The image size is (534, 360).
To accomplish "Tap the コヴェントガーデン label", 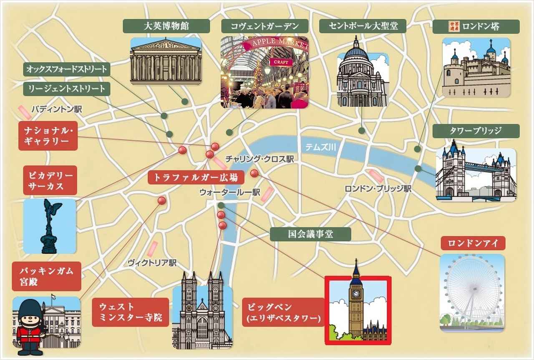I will tap(265, 26).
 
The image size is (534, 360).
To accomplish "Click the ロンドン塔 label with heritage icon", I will tap(476, 26).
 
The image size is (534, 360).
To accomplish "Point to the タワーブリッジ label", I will tap(476, 131).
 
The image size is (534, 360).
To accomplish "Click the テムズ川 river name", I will tap(320, 147).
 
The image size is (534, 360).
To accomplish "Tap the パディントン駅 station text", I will tap(56, 110).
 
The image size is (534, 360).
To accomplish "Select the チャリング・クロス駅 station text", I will tap(259, 159).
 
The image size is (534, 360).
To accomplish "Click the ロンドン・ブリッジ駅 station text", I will tap(378, 189).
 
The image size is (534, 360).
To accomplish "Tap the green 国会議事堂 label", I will tap(310, 234).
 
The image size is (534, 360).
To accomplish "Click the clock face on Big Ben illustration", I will tap(356, 293).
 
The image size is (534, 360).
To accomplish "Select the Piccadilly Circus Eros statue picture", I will tap(50, 226).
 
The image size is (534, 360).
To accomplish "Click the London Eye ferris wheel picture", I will tap(472, 292).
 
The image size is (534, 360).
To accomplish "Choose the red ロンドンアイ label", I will tap(473, 243).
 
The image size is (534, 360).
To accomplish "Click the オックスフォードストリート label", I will tap(66, 69).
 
